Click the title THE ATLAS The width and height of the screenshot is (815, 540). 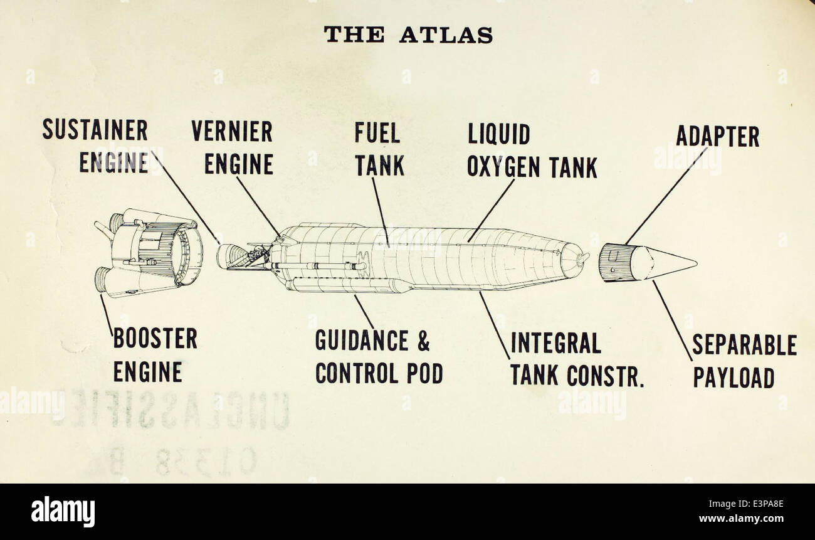point(407,34)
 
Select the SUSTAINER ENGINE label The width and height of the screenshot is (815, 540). point(95,147)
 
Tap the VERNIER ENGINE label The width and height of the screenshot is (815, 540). point(232,148)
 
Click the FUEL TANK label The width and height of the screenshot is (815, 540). point(379,149)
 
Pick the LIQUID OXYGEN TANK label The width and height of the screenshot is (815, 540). point(532,151)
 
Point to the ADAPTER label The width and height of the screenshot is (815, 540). point(717,136)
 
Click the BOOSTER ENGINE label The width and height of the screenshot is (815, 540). point(155,354)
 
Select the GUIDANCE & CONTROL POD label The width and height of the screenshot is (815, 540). point(379,357)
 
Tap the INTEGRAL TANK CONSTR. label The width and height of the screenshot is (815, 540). point(577,359)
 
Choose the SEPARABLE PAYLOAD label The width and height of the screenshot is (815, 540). point(744,361)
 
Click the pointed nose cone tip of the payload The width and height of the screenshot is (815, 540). point(693,262)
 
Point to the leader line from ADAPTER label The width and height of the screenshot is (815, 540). point(666,196)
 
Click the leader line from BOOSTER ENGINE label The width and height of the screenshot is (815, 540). point(107,315)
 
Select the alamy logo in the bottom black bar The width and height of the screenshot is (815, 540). point(63,511)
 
